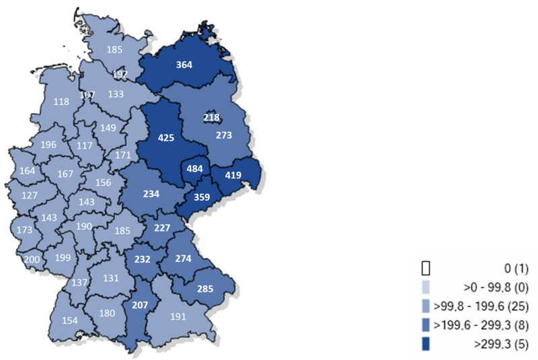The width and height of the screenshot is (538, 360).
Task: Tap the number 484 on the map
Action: [x=192, y=168]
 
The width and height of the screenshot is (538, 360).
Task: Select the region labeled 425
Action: [x=165, y=138]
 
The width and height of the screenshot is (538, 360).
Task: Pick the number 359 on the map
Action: [x=202, y=198]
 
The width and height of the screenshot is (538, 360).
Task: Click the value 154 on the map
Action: [x=71, y=320]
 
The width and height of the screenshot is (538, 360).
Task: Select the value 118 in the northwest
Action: [x=61, y=102]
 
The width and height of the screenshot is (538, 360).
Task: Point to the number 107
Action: [x=87, y=95]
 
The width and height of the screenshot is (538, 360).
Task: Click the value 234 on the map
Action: [x=151, y=194]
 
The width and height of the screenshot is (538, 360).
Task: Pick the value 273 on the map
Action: [x=224, y=135]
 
